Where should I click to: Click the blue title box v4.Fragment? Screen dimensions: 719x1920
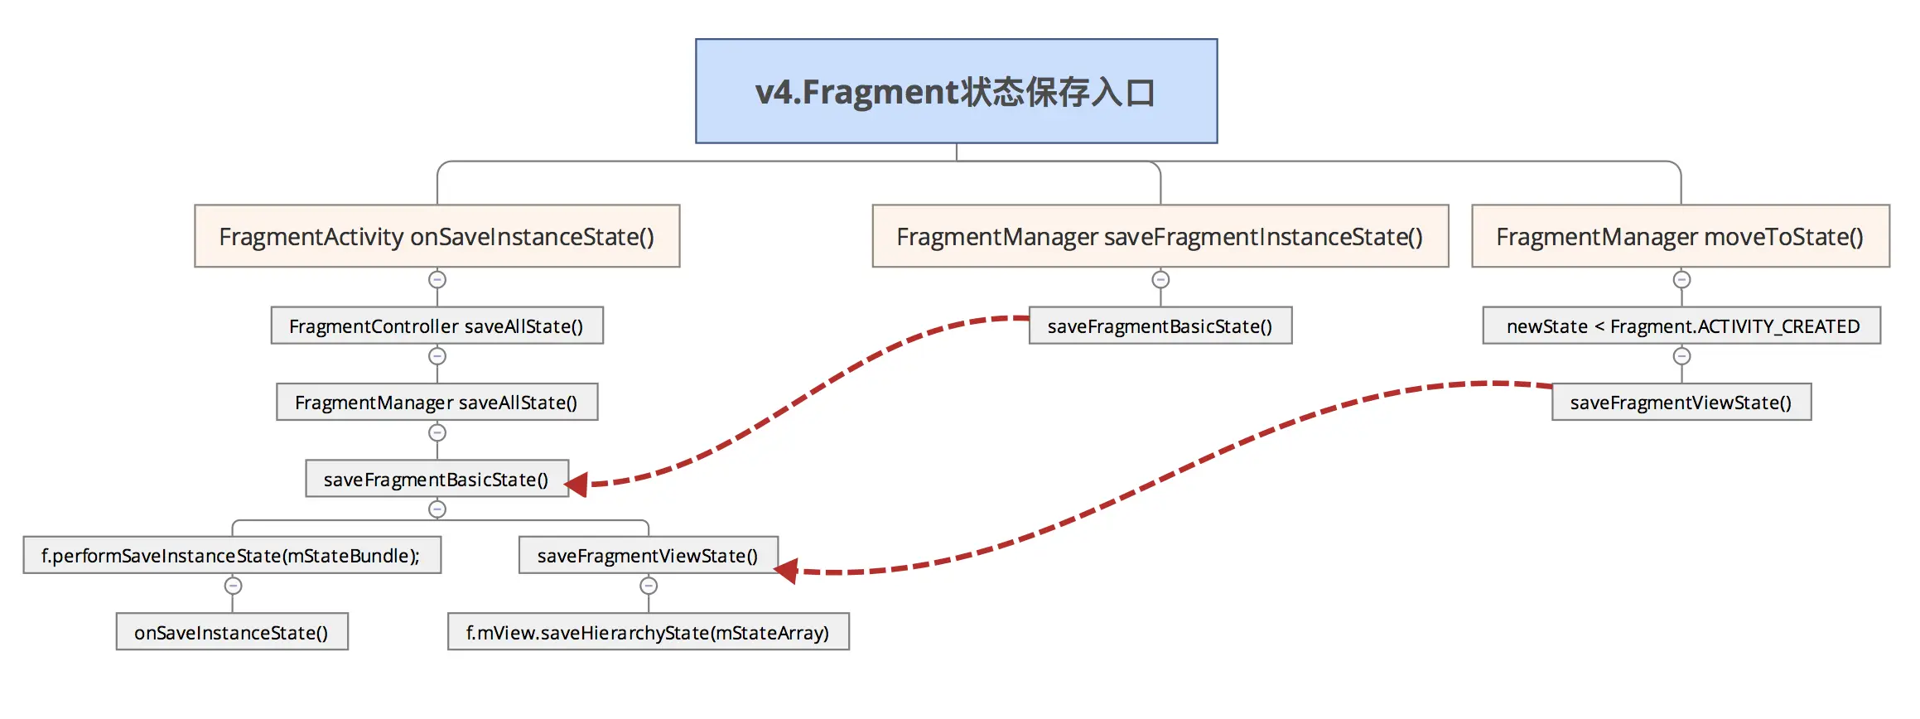pos(956,91)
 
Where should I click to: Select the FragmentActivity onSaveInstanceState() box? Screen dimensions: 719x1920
pos(437,236)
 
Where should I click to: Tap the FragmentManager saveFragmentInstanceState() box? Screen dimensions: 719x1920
pos(1160,236)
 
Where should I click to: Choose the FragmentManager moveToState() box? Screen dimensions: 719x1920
pos(1680,236)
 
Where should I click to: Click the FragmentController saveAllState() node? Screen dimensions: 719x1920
pos(437,326)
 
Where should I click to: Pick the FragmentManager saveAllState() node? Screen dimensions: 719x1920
pos(437,402)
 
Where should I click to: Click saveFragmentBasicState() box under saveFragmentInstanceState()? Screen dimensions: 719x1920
pos(1160,326)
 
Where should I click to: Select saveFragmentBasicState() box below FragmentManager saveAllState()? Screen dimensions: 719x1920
pos(437,479)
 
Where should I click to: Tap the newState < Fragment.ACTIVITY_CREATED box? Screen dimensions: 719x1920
pos(1681,326)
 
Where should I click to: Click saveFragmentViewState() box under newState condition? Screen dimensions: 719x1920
pos(1681,402)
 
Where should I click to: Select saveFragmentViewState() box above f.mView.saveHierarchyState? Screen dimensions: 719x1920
pos(648,555)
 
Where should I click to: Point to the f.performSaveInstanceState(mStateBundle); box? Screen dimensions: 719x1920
pos(231,555)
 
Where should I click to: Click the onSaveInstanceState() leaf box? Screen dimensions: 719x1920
pos(231,632)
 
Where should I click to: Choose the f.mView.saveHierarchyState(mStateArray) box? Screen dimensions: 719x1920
pos(648,632)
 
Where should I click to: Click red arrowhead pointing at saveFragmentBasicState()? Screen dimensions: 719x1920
pos(577,485)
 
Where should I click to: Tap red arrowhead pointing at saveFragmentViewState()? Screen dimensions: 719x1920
pos(786,571)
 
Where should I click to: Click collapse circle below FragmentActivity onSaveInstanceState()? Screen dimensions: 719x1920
pos(437,280)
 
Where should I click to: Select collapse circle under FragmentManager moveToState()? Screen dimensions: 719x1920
pos(1681,280)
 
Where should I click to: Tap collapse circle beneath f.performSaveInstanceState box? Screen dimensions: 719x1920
pos(234,586)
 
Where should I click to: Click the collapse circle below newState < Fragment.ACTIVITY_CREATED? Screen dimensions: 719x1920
pos(1681,356)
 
